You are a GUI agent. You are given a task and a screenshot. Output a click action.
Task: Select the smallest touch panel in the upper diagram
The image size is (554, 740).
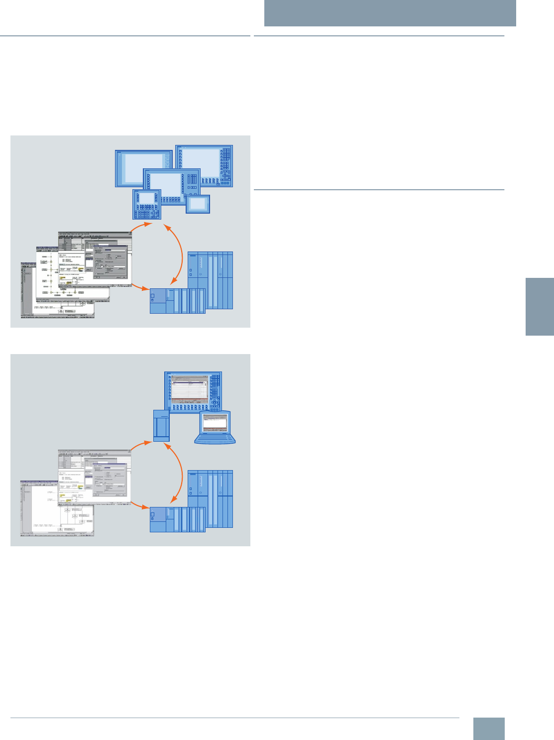tap(198, 204)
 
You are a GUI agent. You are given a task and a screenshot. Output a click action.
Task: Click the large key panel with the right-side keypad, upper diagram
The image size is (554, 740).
tap(204, 166)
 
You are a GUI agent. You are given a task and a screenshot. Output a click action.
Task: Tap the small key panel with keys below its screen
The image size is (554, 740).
tap(147, 204)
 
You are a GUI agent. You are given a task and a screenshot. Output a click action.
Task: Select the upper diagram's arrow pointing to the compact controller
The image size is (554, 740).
tap(140, 287)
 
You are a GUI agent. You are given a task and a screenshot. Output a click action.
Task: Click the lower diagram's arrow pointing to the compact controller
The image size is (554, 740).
tap(140, 506)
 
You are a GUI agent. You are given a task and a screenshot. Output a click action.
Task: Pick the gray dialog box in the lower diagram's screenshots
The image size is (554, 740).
tap(110, 479)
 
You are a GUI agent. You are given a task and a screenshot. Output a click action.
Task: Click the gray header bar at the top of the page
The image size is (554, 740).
tap(390, 13)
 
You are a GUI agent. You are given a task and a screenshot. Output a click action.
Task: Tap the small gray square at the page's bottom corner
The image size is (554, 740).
tap(488, 729)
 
